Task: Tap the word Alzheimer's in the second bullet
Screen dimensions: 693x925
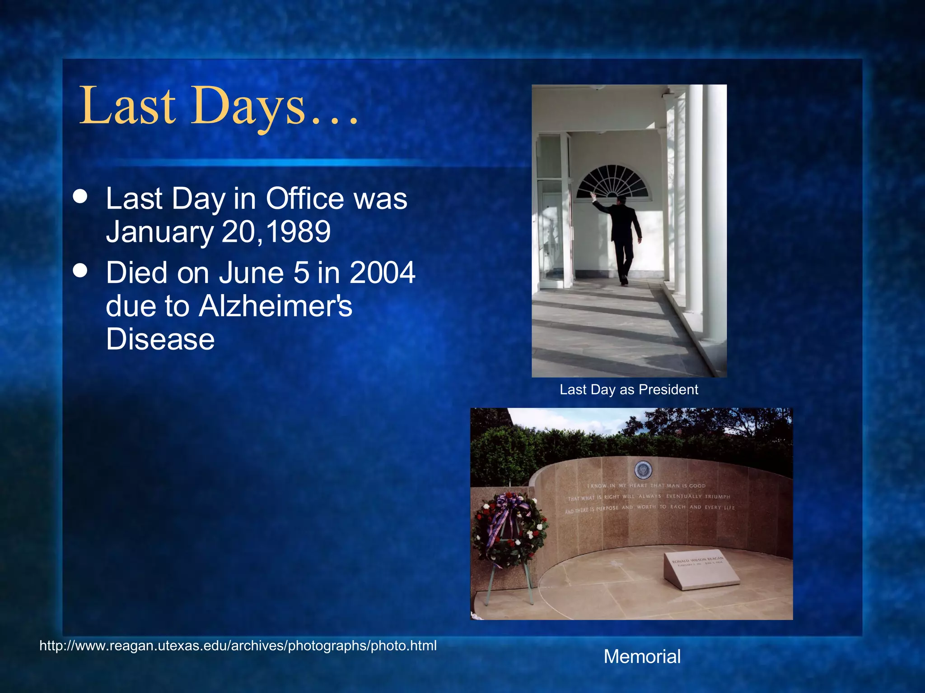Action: coord(275,306)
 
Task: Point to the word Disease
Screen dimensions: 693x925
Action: coord(160,339)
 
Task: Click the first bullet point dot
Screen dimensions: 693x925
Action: coord(80,197)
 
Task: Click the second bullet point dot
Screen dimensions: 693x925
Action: coord(80,271)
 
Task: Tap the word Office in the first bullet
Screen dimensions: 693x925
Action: coord(305,199)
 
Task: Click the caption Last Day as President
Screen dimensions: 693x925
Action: coord(629,389)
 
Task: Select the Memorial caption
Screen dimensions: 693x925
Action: coord(642,656)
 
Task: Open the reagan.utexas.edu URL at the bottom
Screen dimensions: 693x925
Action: coord(238,646)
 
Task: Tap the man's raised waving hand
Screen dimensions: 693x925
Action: coord(593,195)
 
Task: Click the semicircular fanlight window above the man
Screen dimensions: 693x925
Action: coord(613,183)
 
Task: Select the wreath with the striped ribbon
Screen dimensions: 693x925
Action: coord(509,530)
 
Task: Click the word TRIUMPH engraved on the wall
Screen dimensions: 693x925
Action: coord(717,496)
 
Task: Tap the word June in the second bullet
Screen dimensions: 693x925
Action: coord(252,273)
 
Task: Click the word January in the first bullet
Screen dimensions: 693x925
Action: coord(159,232)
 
